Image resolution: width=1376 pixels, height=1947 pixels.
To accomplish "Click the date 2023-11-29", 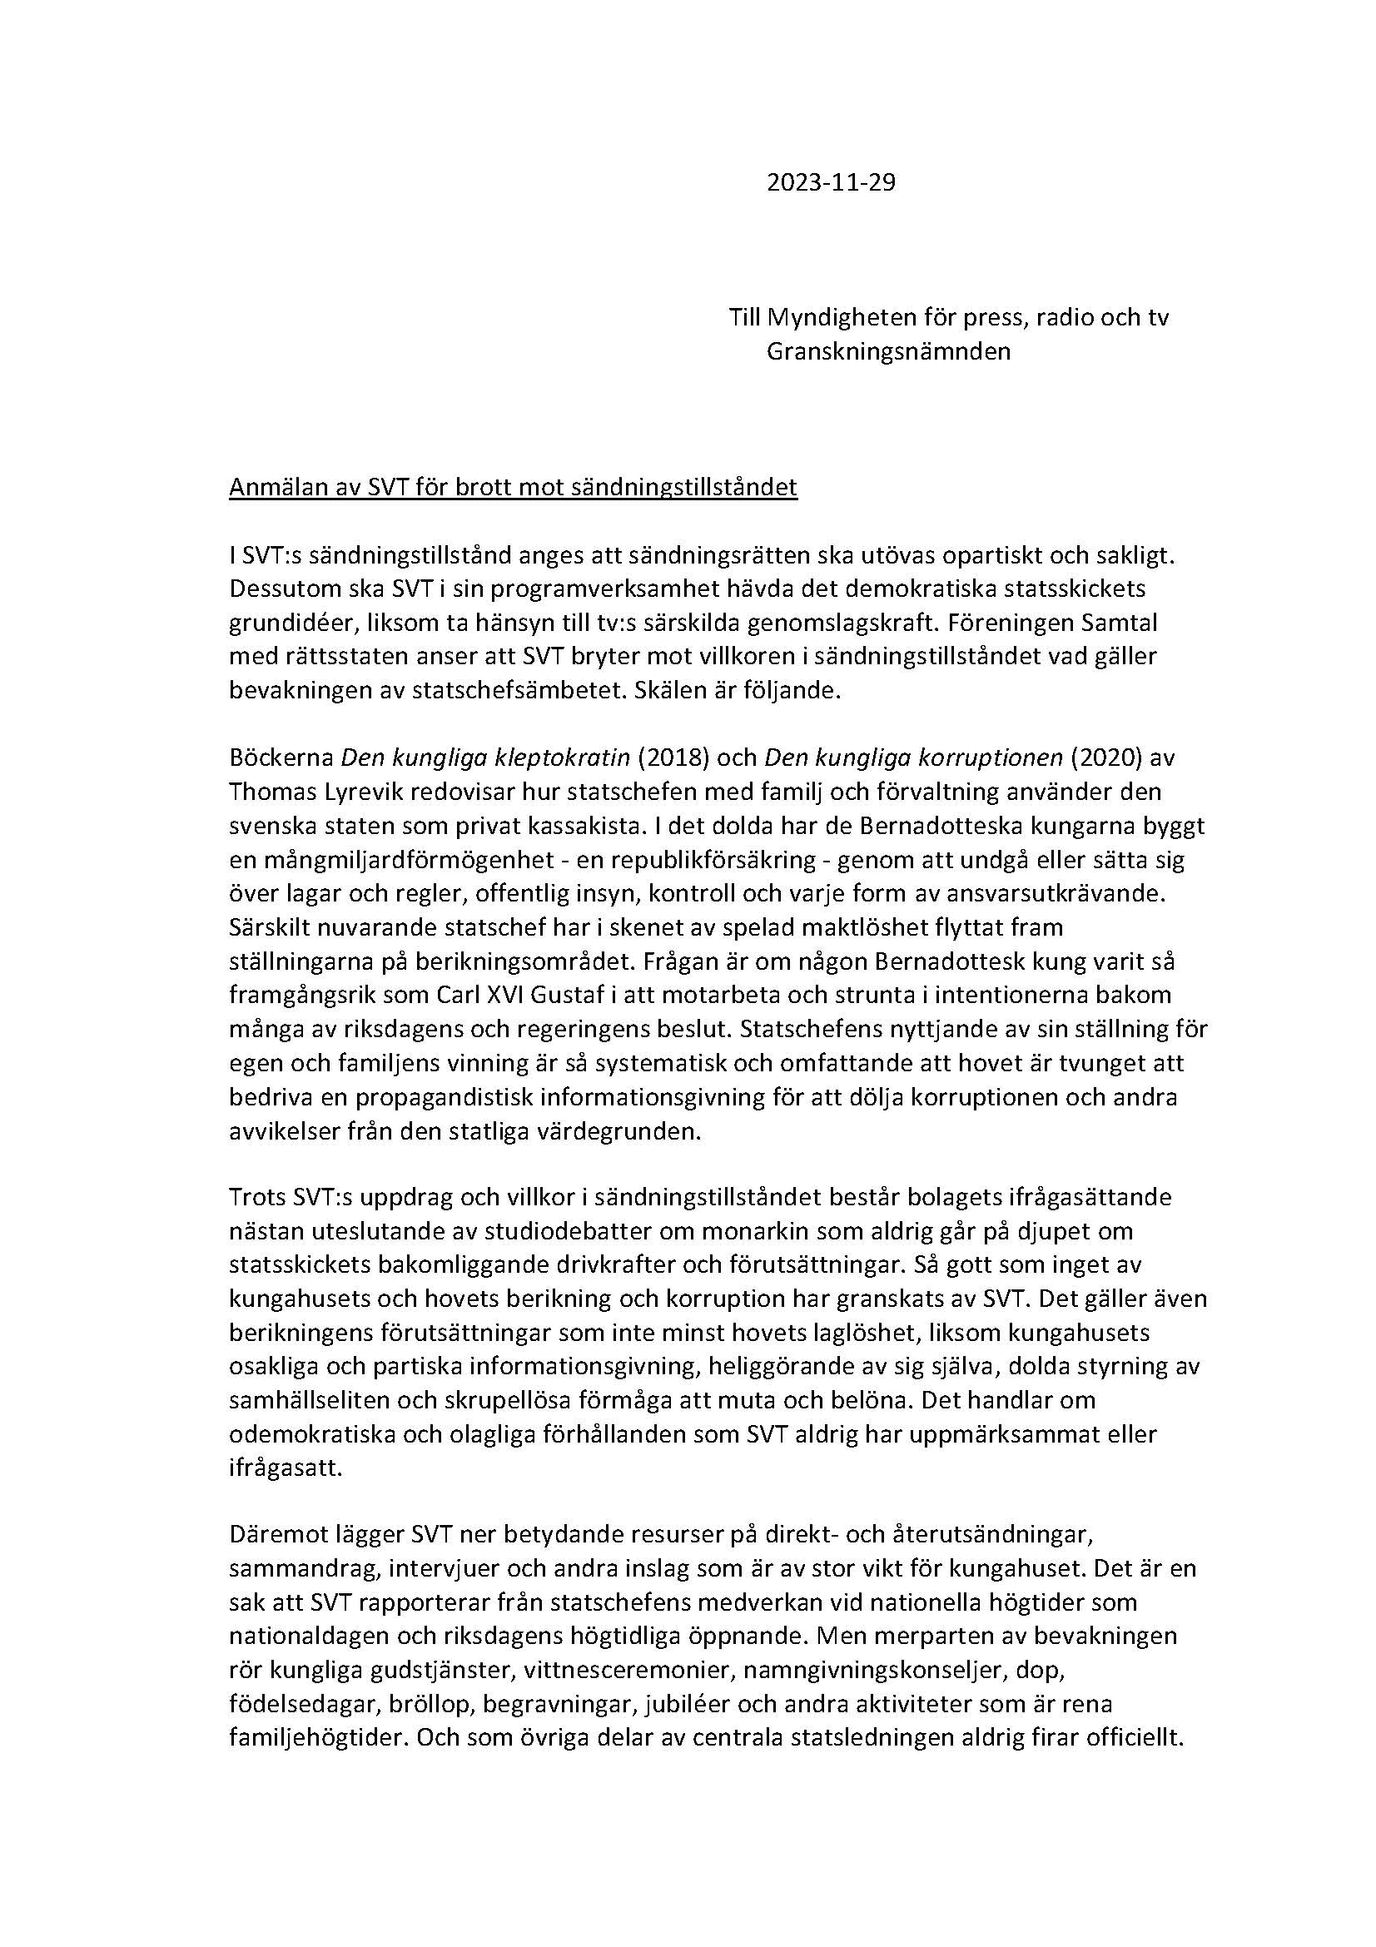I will (830, 182).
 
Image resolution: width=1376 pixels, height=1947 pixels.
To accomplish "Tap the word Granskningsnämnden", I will (887, 352).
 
